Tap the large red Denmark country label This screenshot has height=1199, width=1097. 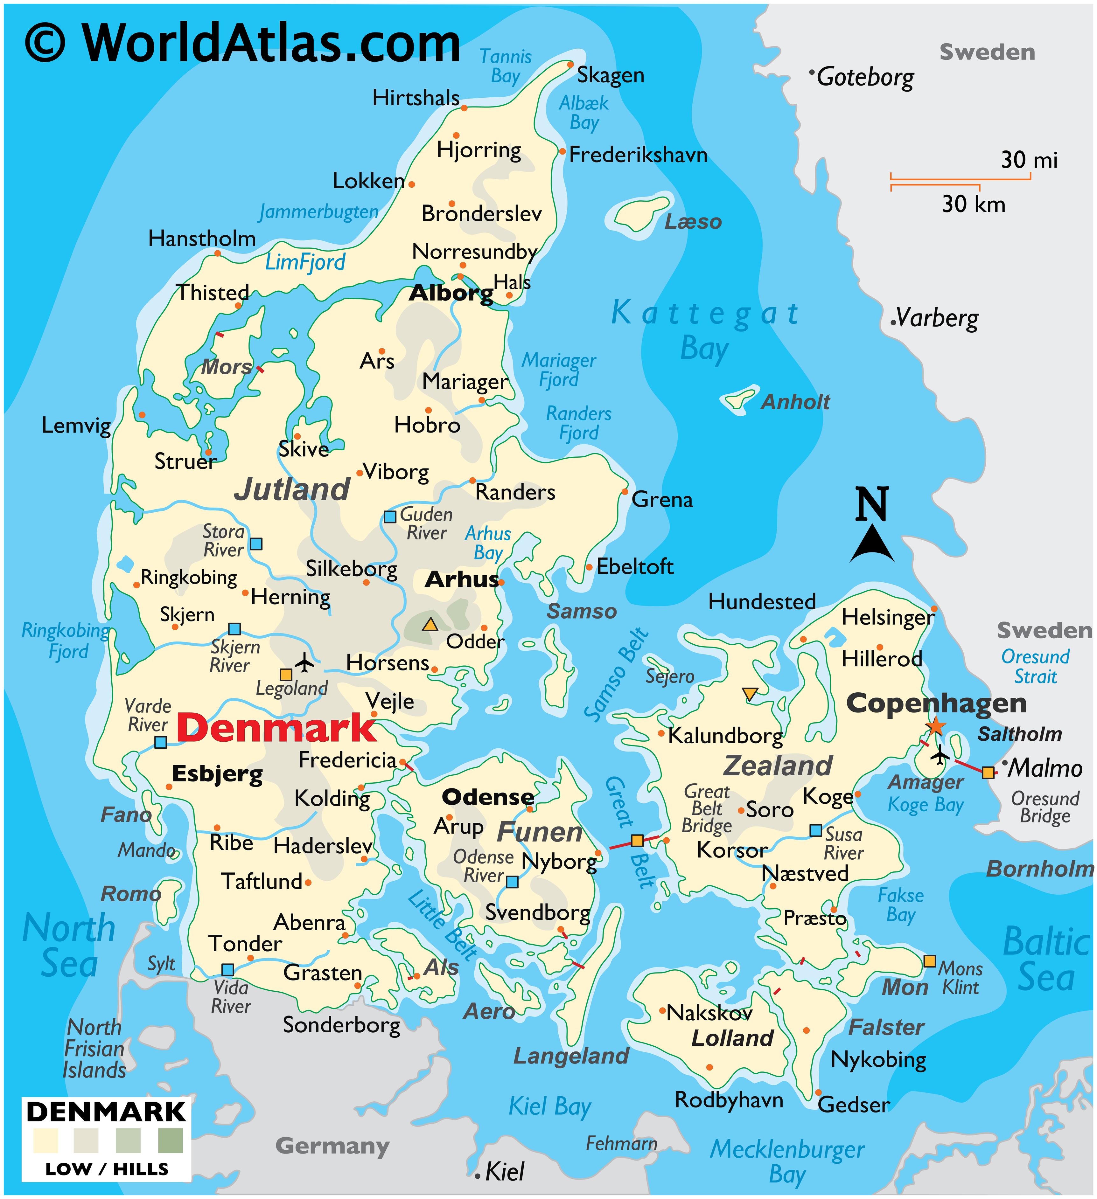click(276, 728)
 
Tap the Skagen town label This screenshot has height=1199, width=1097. click(610, 75)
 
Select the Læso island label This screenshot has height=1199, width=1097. click(693, 222)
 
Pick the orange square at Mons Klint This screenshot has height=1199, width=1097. click(929, 961)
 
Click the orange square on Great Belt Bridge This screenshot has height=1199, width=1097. click(637, 840)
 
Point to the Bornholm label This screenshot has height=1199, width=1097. click(1039, 869)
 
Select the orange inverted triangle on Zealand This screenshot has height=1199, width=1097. click(750, 693)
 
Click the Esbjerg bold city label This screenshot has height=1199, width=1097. click(217, 774)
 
